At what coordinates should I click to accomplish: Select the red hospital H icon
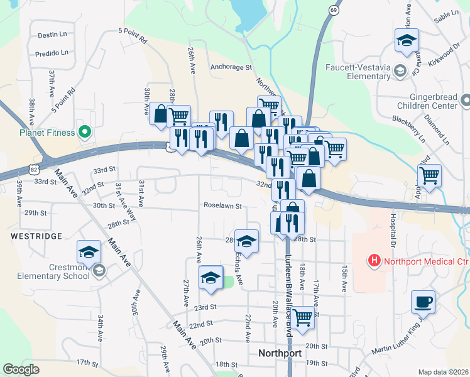(374, 260)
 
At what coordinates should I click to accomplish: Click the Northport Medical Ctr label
(420, 260)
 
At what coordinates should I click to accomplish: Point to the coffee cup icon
(423, 301)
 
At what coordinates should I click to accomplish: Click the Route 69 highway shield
(333, 11)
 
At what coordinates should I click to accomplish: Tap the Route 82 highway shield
(32, 169)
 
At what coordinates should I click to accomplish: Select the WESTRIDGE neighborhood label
(36, 236)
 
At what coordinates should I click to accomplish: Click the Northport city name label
(280, 353)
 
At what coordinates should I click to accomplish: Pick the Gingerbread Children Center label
(433, 101)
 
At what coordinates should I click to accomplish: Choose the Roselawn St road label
(222, 205)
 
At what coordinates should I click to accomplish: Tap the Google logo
(21, 369)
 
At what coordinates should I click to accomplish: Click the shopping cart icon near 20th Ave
(303, 317)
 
